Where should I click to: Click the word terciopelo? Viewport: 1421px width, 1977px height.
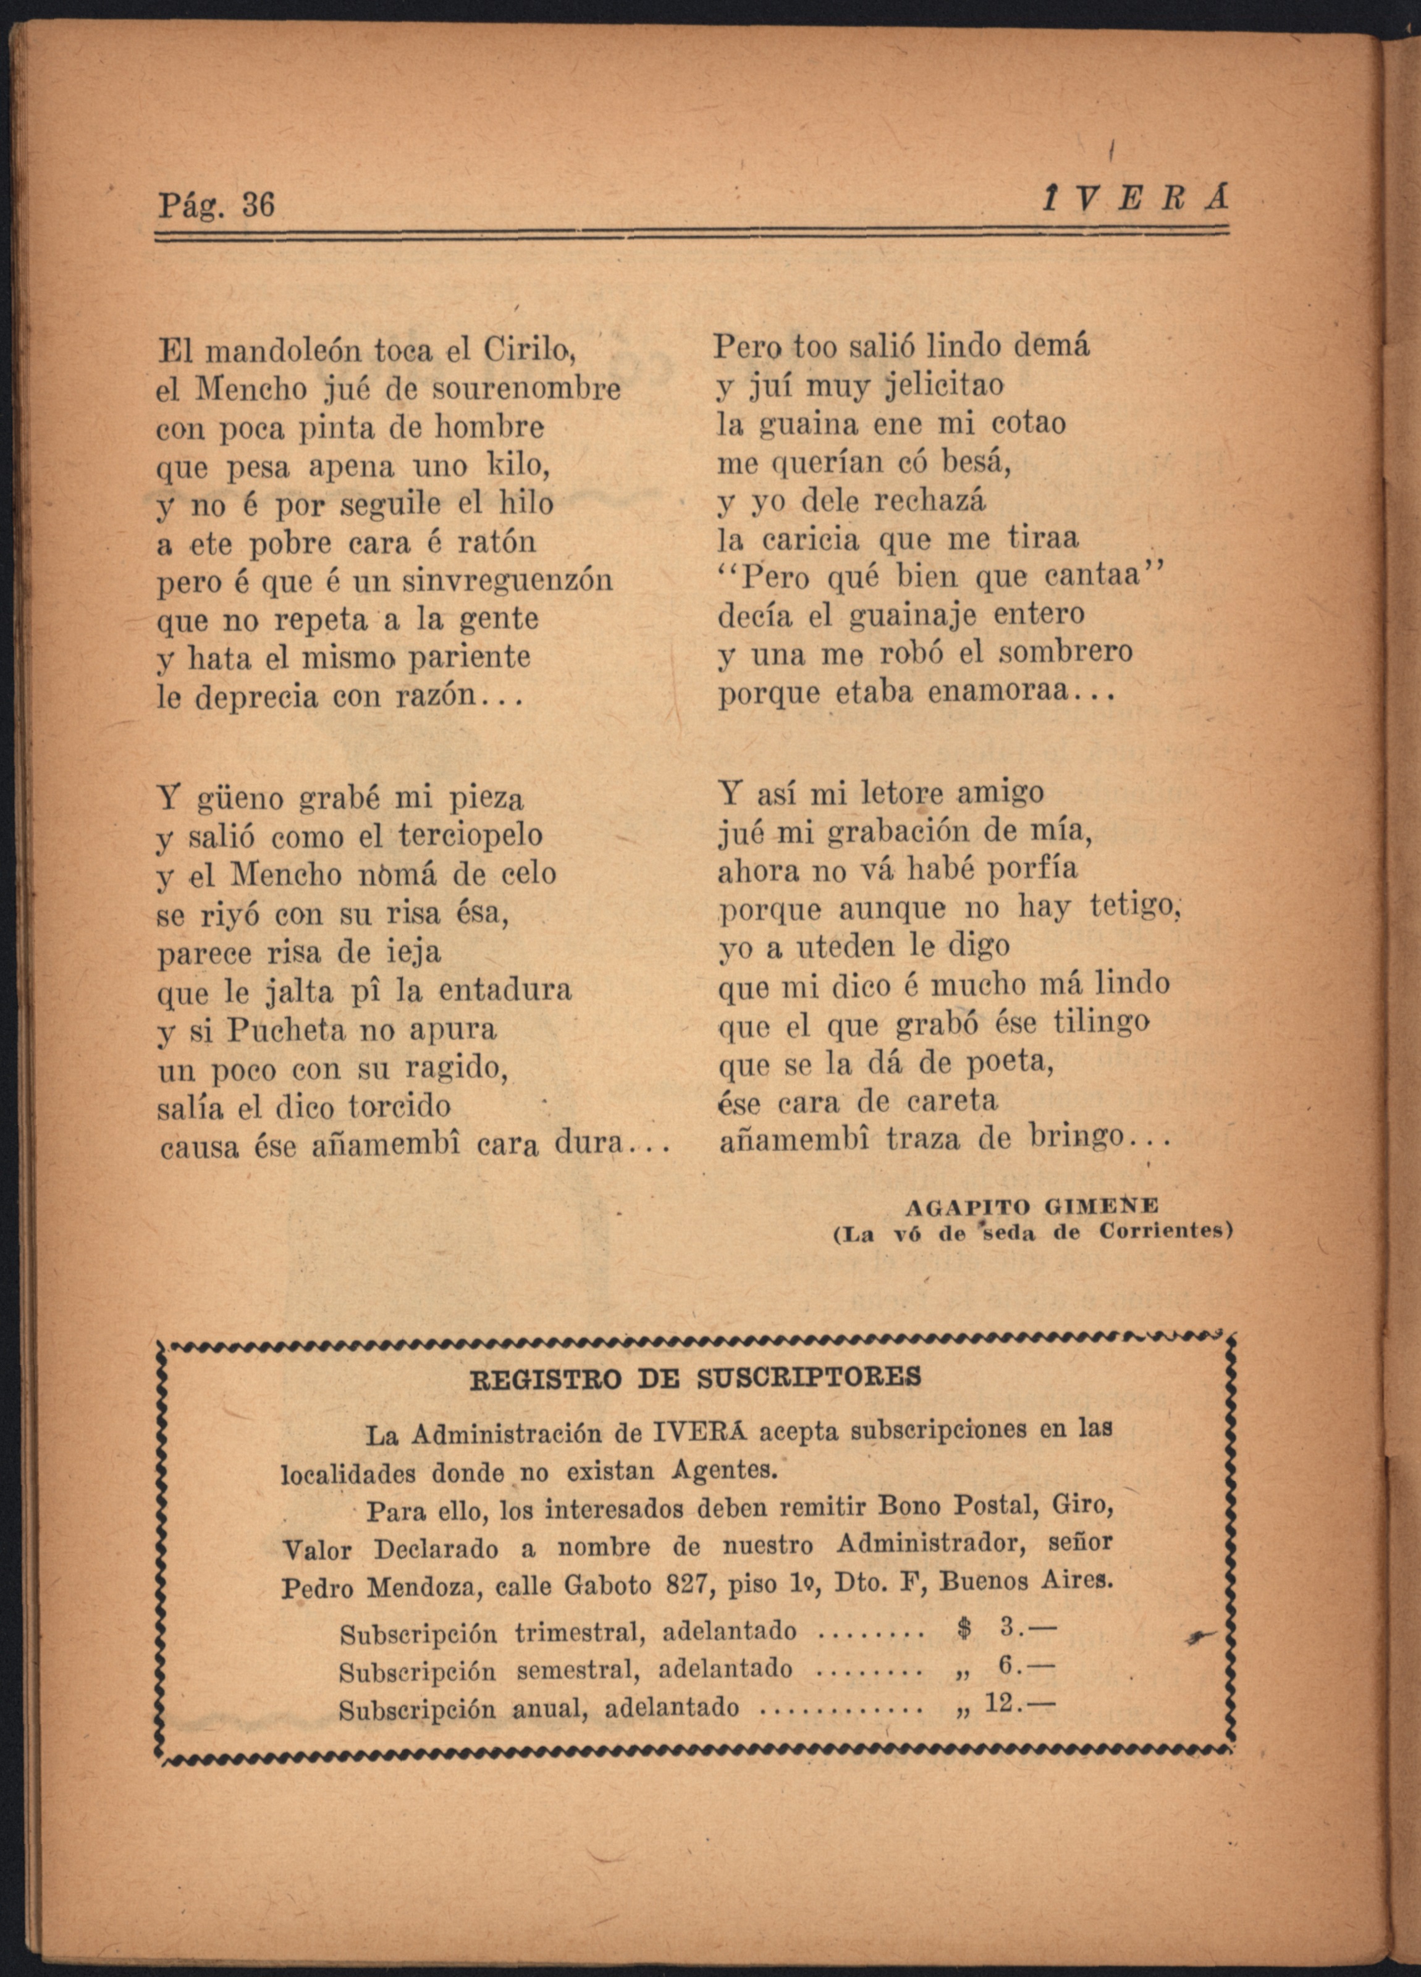point(470,836)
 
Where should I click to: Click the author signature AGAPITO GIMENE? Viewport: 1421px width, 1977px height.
point(1032,1207)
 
